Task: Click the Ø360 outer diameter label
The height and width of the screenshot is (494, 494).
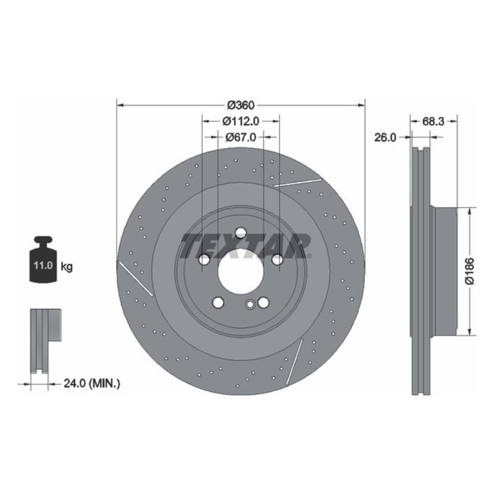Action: (x=241, y=104)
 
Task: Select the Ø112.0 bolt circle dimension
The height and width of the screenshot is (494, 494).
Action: (x=240, y=121)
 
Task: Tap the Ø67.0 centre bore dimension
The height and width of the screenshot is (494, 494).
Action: (x=240, y=137)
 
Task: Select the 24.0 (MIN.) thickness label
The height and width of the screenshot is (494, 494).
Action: (x=92, y=383)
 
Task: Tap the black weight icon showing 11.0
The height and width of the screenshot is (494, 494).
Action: (x=43, y=260)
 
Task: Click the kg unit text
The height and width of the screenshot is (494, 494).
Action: (x=67, y=267)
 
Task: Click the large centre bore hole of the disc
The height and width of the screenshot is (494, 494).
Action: (x=240, y=272)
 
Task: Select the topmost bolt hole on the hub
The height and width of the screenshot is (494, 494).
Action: (x=240, y=233)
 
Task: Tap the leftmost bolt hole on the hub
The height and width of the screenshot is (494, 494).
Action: (x=204, y=260)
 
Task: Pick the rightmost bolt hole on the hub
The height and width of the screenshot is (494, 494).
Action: (x=277, y=260)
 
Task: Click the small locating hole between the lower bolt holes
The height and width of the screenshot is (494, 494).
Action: (x=249, y=304)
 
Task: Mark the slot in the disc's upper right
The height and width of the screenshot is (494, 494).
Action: (x=298, y=182)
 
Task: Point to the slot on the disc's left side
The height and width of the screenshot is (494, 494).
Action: (x=136, y=278)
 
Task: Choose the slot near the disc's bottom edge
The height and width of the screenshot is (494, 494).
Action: (x=295, y=358)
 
